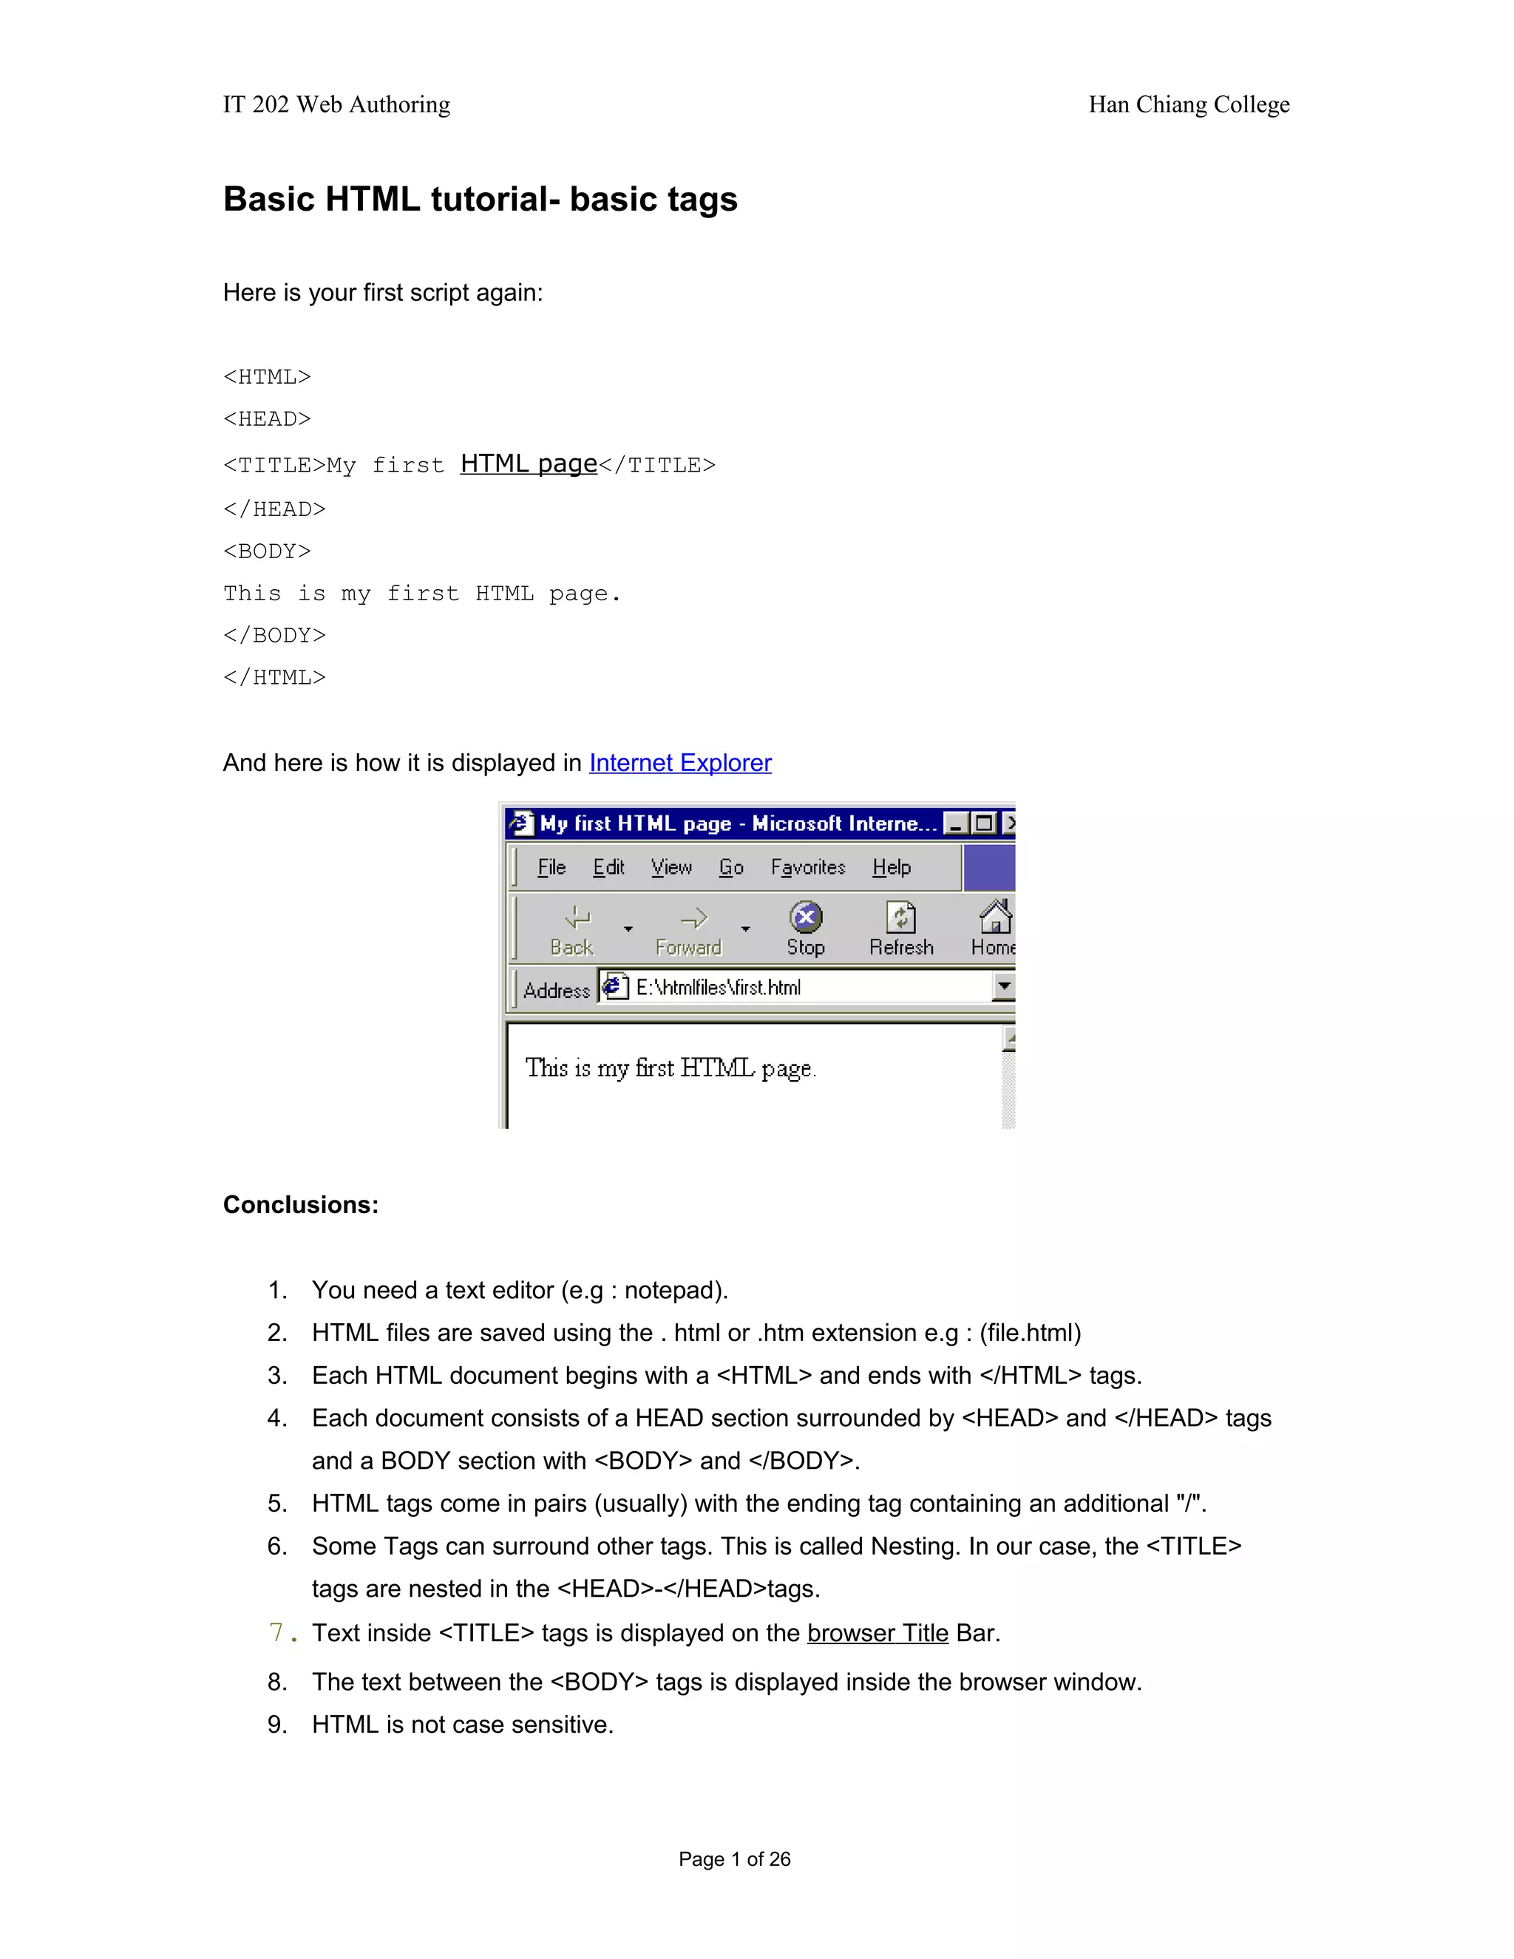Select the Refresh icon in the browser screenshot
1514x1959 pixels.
point(900,918)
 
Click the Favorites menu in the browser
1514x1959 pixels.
point(807,867)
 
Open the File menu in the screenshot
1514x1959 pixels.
point(551,867)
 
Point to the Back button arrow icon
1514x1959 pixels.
point(577,917)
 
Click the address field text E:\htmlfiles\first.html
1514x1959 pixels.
point(718,988)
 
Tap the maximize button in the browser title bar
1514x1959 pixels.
point(984,824)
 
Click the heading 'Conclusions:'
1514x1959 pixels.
point(300,1205)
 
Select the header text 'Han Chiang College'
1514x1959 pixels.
point(1189,105)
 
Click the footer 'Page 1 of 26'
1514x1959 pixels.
point(733,1859)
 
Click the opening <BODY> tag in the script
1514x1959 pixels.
point(266,551)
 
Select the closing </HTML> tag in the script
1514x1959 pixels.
point(274,677)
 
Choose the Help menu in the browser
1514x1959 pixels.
point(891,867)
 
